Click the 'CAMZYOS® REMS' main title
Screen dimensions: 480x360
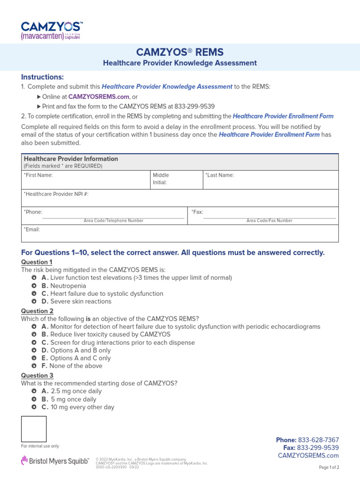(180, 52)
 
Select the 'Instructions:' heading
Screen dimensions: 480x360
(42, 77)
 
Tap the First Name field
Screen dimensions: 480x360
(84, 180)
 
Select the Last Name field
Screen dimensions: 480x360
(270, 180)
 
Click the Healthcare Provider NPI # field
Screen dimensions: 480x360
(180, 198)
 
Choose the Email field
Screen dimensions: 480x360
(180, 233)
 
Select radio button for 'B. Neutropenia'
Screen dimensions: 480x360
(34, 285)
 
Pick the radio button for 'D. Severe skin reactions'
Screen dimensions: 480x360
(34, 301)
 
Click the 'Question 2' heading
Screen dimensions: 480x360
(37, 311)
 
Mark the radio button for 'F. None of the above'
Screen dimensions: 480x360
(34, 366)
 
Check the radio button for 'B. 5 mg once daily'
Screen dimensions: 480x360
(34, 399)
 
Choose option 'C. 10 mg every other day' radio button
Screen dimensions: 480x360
(34, 407)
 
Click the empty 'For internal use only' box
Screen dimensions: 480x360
(34, 429)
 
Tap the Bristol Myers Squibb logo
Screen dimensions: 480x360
(55, 461)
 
